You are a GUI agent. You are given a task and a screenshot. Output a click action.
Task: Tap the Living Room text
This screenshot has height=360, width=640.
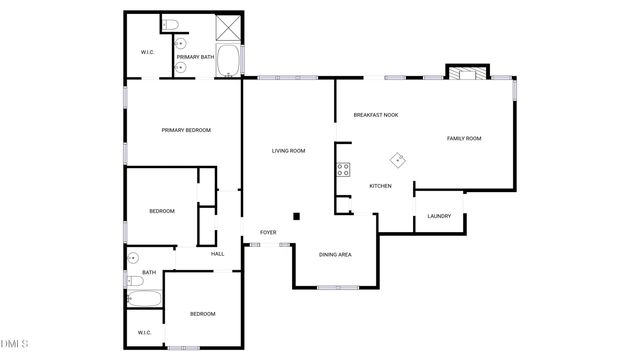(289, 151)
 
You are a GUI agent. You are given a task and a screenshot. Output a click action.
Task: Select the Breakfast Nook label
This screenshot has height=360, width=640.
(376, 115)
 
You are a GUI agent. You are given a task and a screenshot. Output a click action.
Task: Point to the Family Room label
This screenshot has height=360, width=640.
(464, 138)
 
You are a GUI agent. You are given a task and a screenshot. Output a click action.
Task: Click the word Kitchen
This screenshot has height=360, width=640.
(380, 186)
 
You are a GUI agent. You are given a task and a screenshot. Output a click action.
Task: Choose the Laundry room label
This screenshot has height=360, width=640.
(439, 216)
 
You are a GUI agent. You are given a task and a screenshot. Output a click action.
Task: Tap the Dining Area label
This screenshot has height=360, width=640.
(335, 255)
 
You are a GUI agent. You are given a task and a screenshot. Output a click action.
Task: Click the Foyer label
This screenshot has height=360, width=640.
(268, 232)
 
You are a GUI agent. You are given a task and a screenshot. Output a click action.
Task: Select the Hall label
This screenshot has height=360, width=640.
(217, 254)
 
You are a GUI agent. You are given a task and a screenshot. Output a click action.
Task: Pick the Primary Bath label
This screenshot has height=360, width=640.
(196, 58)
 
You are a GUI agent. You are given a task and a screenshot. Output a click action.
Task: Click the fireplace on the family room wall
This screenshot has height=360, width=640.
(467, 73)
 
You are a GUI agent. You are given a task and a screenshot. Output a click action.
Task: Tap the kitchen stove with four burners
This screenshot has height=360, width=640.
(343, 170)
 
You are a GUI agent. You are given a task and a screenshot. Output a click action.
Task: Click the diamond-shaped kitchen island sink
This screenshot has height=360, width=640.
(398, 158)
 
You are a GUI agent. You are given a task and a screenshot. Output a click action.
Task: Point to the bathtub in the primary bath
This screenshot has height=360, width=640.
(228, 60)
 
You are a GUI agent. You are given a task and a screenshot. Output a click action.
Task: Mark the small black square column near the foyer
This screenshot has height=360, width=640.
(296, 216)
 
